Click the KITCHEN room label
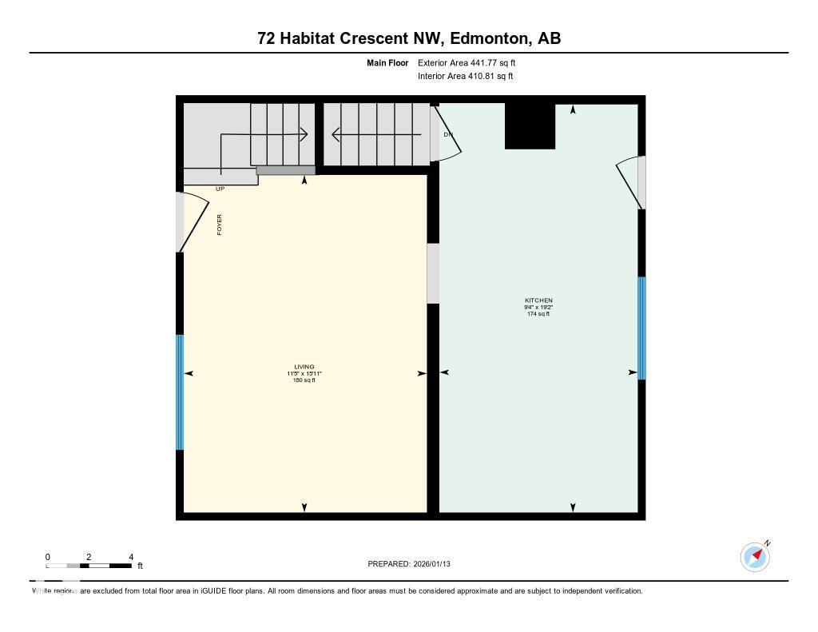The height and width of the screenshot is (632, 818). click(538, 300)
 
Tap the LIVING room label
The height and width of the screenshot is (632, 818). click(304, 367)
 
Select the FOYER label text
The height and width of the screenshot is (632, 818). click(220, 225)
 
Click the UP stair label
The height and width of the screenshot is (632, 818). click(220, 189)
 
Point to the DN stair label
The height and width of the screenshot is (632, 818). click(448, 134)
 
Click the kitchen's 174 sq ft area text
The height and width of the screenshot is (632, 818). click(538, 314)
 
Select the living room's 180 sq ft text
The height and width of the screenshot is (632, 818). click(304, 380)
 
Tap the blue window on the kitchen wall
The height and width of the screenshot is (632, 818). click(641, 328)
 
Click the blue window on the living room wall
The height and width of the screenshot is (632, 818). click(180, 392)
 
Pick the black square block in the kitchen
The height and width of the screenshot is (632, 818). click(530, 126)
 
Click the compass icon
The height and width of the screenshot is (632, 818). click(755, 556)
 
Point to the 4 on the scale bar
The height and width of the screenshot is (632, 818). click(130, 557)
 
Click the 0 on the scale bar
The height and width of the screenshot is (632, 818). click(48, 557)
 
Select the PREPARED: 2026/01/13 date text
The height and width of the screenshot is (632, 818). click(415, 564)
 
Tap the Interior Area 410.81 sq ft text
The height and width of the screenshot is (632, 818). click(465, 77)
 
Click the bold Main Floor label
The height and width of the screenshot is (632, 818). click(387, 62)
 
